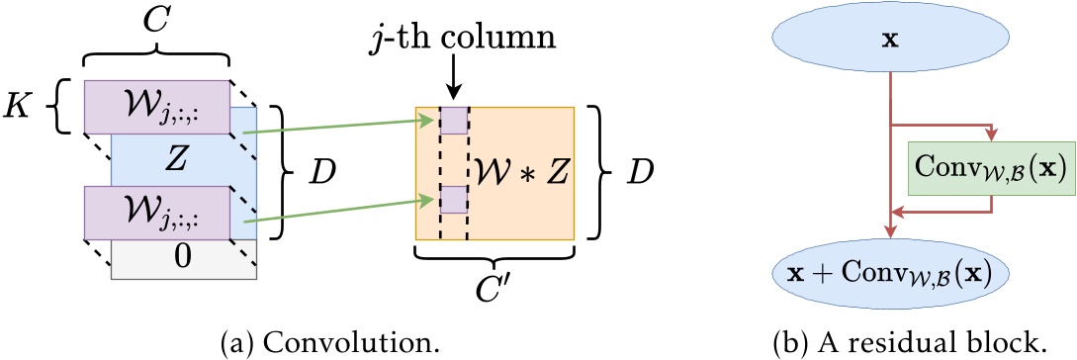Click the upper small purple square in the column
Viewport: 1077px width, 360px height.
tap(454, 121)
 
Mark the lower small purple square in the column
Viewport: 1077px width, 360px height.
tap(454, 200)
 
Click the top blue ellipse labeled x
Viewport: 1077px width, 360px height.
tap(892, 43)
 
